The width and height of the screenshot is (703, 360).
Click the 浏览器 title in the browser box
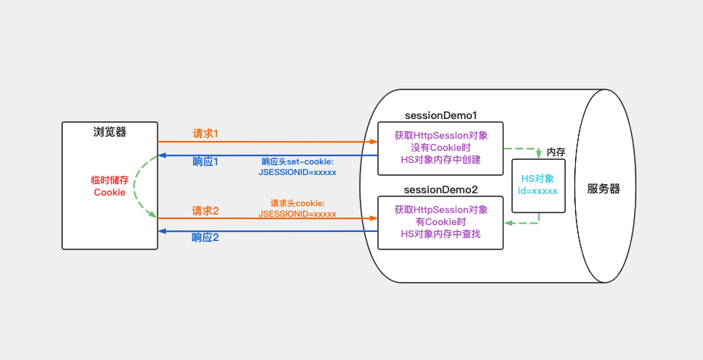coord(109,132)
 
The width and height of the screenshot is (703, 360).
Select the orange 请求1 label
coord(205,133)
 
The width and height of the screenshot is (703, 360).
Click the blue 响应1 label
coord(205,162)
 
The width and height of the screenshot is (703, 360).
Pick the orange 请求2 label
coord(205,211)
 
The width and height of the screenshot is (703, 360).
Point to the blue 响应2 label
coord(205,237)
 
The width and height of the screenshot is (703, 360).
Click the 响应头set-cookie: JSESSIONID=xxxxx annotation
coord(298,167)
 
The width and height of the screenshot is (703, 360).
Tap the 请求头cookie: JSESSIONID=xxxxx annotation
coord(298,208)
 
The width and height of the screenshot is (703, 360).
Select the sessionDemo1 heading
coord(441,115)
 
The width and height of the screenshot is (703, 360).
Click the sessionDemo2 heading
coord(441,189)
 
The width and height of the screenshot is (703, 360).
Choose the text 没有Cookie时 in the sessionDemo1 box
coord(441,148)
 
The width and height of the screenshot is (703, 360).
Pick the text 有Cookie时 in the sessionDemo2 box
coord(441,221)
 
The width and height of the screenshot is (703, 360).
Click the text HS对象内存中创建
coord(441,160)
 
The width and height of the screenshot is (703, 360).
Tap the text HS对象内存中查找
coord(441,233)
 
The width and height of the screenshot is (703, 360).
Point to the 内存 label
coord(556,152)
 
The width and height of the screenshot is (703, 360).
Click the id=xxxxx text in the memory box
coord(538,191)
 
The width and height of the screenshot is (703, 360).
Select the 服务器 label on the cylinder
coord(604,189)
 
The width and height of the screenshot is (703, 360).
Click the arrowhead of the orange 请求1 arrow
coord(373,142)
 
